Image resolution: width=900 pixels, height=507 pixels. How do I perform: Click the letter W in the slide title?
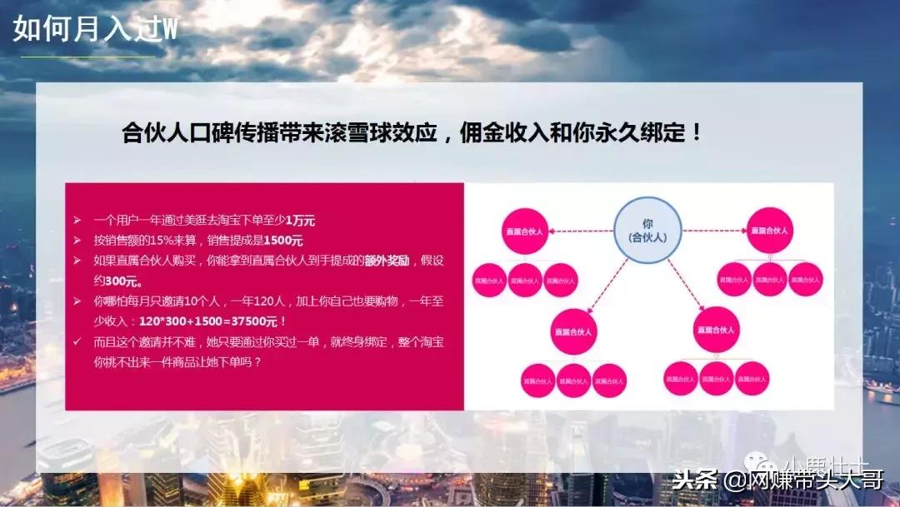click(x=169, y=29)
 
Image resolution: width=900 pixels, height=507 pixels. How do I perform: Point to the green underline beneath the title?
click(x=88, y=57)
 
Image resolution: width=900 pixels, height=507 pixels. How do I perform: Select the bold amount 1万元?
click(x=300, y=221)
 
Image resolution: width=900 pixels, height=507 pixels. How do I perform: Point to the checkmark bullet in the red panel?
click(x=77, y=341)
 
